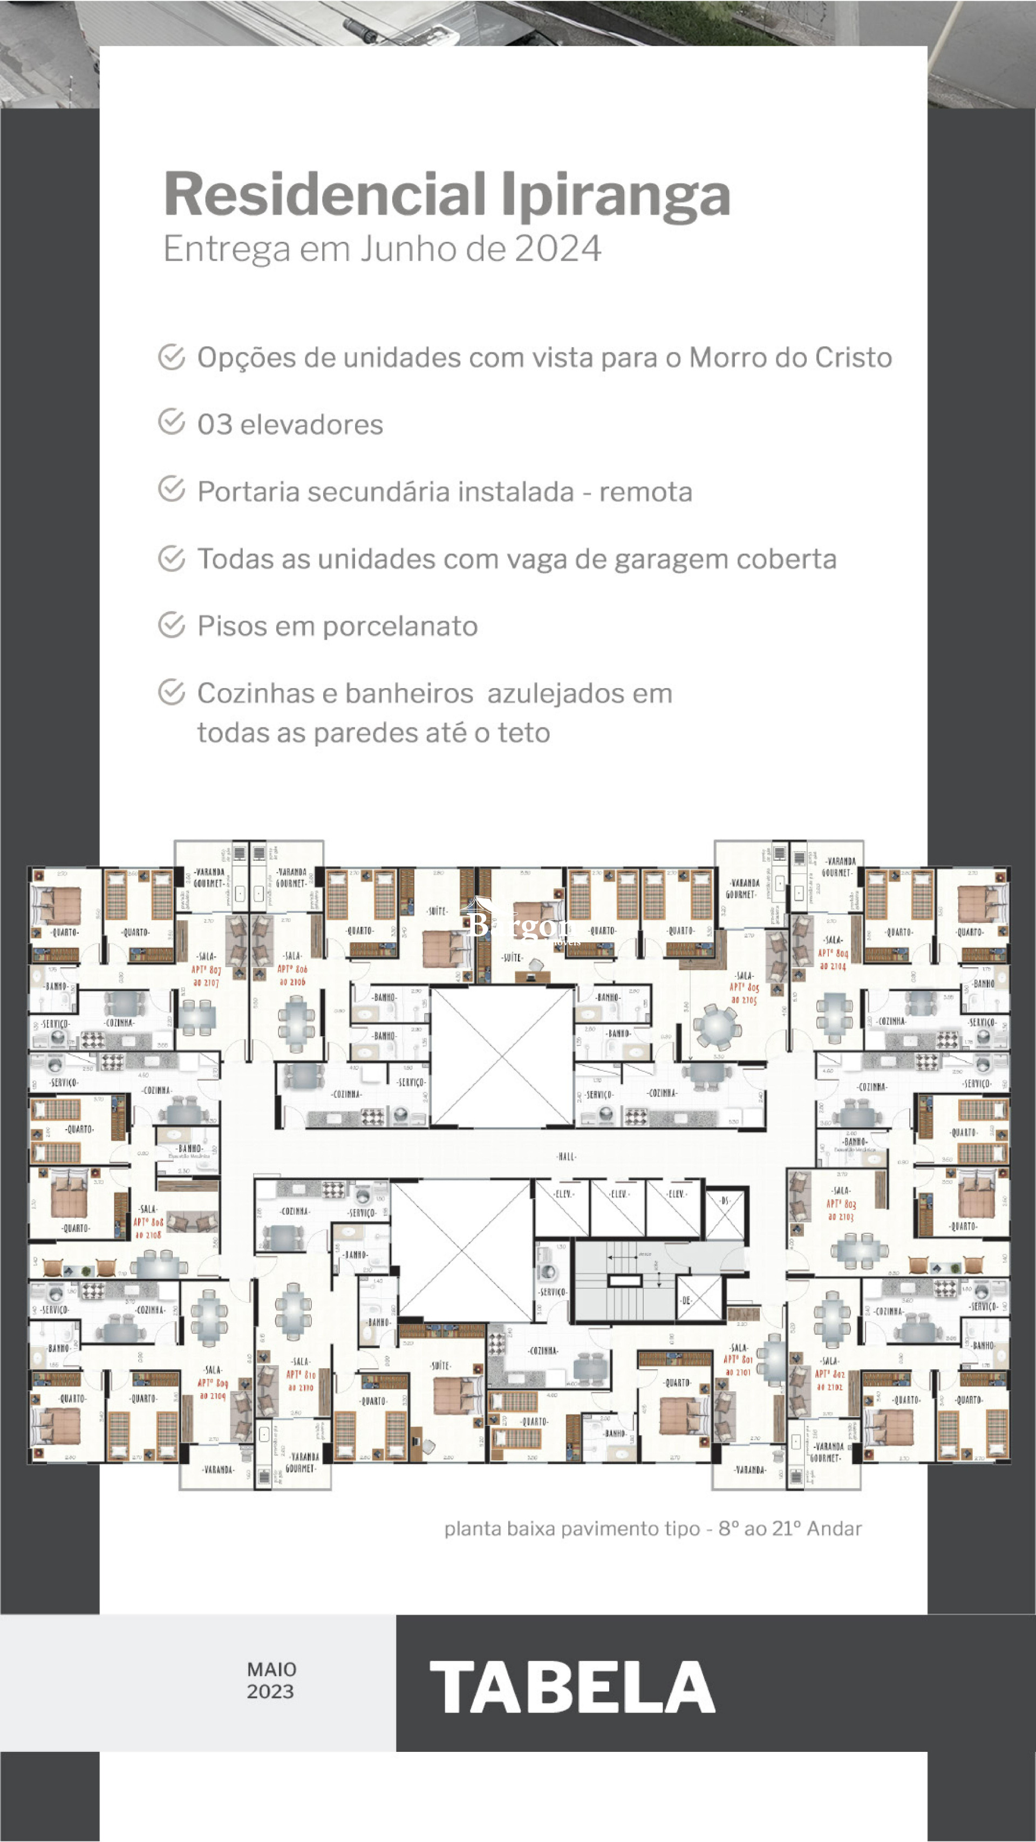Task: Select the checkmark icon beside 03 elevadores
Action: click(172, 422)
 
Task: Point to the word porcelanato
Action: click(400, 627)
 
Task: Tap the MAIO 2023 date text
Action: click(271, 1681)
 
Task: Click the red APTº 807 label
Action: click(206, 970)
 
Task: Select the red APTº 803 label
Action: click(840, 1204)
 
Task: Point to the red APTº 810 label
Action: click(301, 1375)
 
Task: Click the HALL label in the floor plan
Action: click(565, 1156)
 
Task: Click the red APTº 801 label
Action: click(738, 1358)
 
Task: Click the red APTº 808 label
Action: click(148, 1222)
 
